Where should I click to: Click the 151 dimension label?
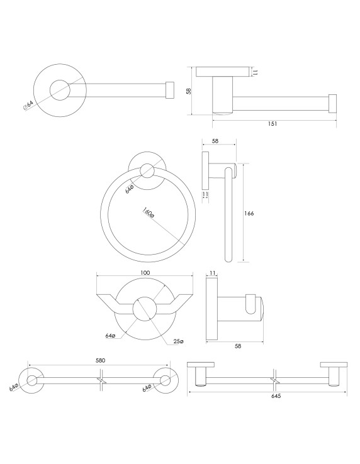(273, 124)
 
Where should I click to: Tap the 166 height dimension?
(249, 213)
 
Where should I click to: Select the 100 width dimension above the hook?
(145, 272)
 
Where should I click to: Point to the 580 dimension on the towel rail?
(101, 360)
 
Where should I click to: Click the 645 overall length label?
(276, 396)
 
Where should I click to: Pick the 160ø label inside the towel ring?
(149, 213)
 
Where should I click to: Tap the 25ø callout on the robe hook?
(178, 341)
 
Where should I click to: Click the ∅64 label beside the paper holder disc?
(28, 106)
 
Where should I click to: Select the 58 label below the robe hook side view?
(238, 346)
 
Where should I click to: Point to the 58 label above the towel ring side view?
(215, 141)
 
